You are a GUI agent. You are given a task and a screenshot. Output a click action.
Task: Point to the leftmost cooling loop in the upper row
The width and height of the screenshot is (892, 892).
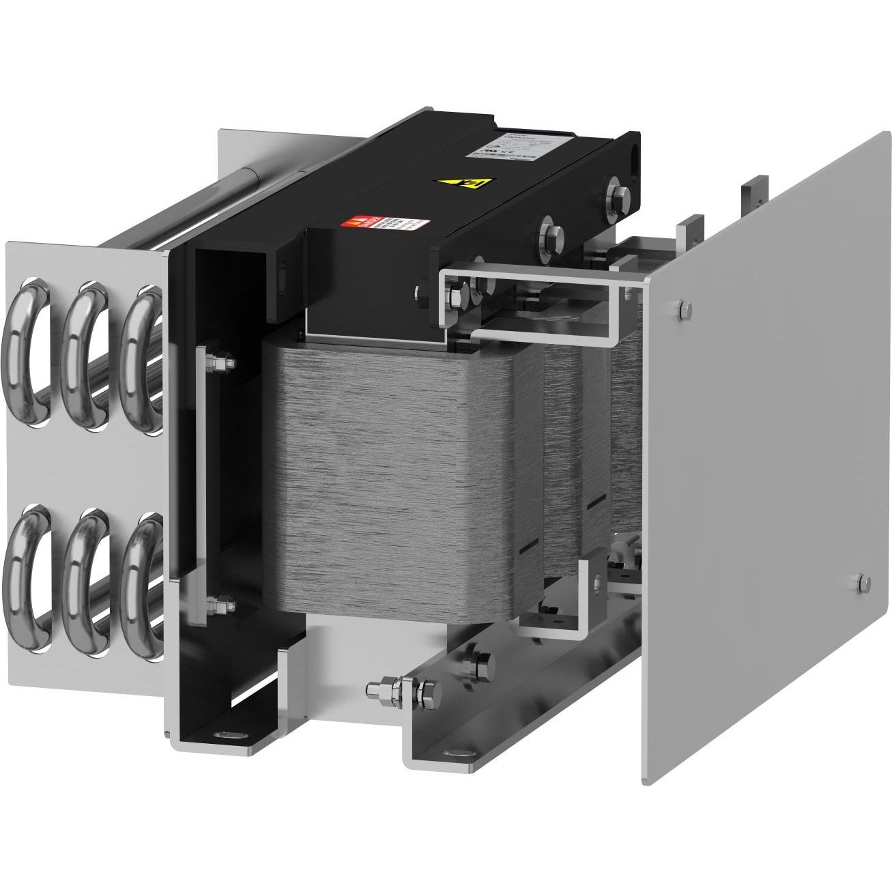click(27, 335)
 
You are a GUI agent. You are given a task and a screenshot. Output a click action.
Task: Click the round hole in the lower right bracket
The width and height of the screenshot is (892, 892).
click(598, 581)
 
